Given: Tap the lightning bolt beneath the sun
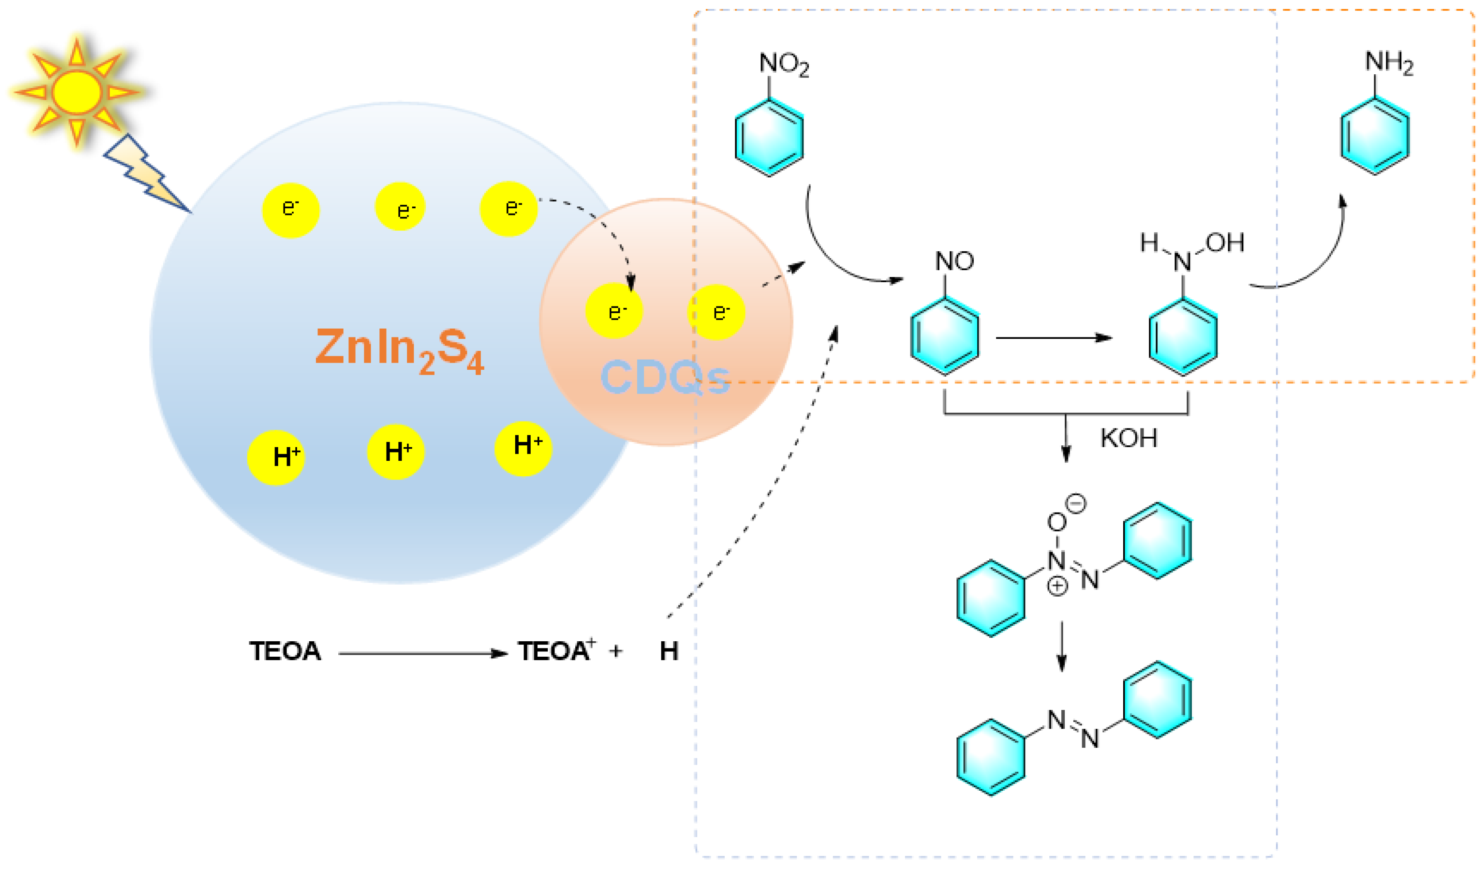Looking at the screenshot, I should coord(144,174).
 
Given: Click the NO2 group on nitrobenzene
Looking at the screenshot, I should coord(783,64).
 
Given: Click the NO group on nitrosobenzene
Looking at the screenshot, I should coord(954,261).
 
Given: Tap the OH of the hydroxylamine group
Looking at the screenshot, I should coord(1225,242).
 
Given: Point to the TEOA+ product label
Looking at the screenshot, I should coord(556,651).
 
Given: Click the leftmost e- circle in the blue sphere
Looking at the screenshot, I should coord(291,210).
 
